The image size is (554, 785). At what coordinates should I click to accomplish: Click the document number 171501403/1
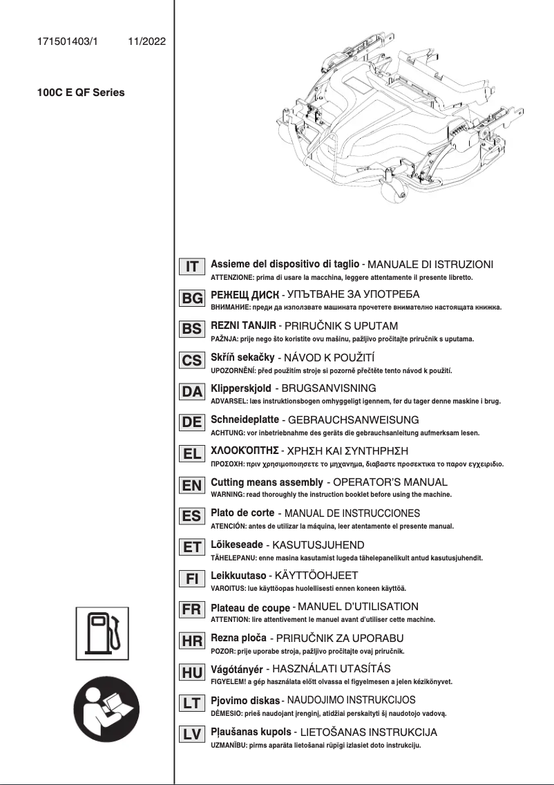[x=68, y=41]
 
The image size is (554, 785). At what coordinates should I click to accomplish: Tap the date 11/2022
[x=146, y=41]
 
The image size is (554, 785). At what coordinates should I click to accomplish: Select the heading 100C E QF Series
[x=81, y=92]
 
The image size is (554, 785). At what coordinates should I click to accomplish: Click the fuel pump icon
[x=102, y=630]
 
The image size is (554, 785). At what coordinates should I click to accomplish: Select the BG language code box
[x=191, y=298]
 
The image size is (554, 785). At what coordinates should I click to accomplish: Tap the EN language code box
[x=191, y=486]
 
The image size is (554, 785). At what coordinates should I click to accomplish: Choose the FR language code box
[x=191, y=610]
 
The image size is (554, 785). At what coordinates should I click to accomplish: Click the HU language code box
[x=191, y=672]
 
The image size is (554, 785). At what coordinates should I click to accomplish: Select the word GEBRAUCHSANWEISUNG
[x=352, y=419]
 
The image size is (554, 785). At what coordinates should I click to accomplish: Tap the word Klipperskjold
[x=240, y=388]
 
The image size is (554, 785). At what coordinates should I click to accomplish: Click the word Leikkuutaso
[x=238, y=576]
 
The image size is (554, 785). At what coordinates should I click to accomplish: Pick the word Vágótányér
[x=236, y=669]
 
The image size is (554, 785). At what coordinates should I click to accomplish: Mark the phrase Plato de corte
[x=242, y=513]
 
